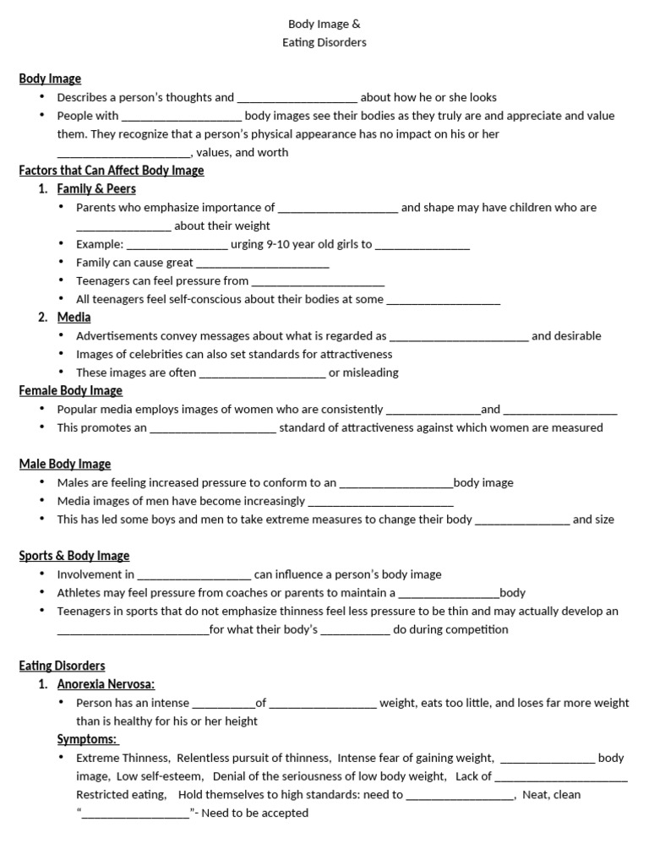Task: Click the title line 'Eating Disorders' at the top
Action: [324, 42]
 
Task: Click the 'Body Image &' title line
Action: [324, 24]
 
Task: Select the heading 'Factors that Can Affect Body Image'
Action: [112, 171]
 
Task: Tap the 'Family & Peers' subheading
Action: [96, 189]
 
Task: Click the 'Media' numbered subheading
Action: [74, 318]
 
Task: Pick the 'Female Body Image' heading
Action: [71, 391]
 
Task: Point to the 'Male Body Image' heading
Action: [65, 465]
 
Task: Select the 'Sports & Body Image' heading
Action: [74, 556]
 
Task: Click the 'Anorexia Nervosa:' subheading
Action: [106, 684]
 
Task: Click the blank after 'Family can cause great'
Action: [263, 264]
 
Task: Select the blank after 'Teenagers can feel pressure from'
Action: [319, 282]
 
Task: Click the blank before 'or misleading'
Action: [262, 373]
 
